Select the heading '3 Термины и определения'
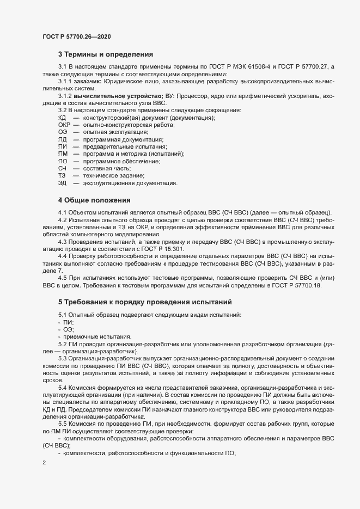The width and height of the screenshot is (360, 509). click(x=106, y=54)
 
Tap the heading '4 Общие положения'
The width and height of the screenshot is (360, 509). click(x=94, y=200)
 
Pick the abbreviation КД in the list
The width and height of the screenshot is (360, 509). click(x=62, y=118)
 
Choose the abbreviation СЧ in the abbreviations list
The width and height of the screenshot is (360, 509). click(x=62, y=169)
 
